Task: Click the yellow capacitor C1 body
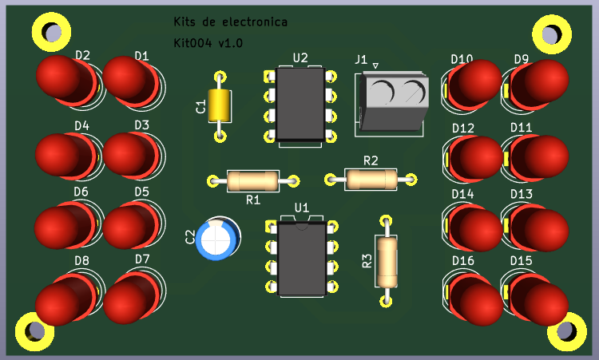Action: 219,106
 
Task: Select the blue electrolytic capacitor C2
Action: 217,239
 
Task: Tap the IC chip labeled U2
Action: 300,105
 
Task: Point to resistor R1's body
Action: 252,181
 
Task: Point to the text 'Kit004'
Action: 192,42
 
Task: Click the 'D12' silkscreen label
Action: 463,128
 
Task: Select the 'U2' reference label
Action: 300,57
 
